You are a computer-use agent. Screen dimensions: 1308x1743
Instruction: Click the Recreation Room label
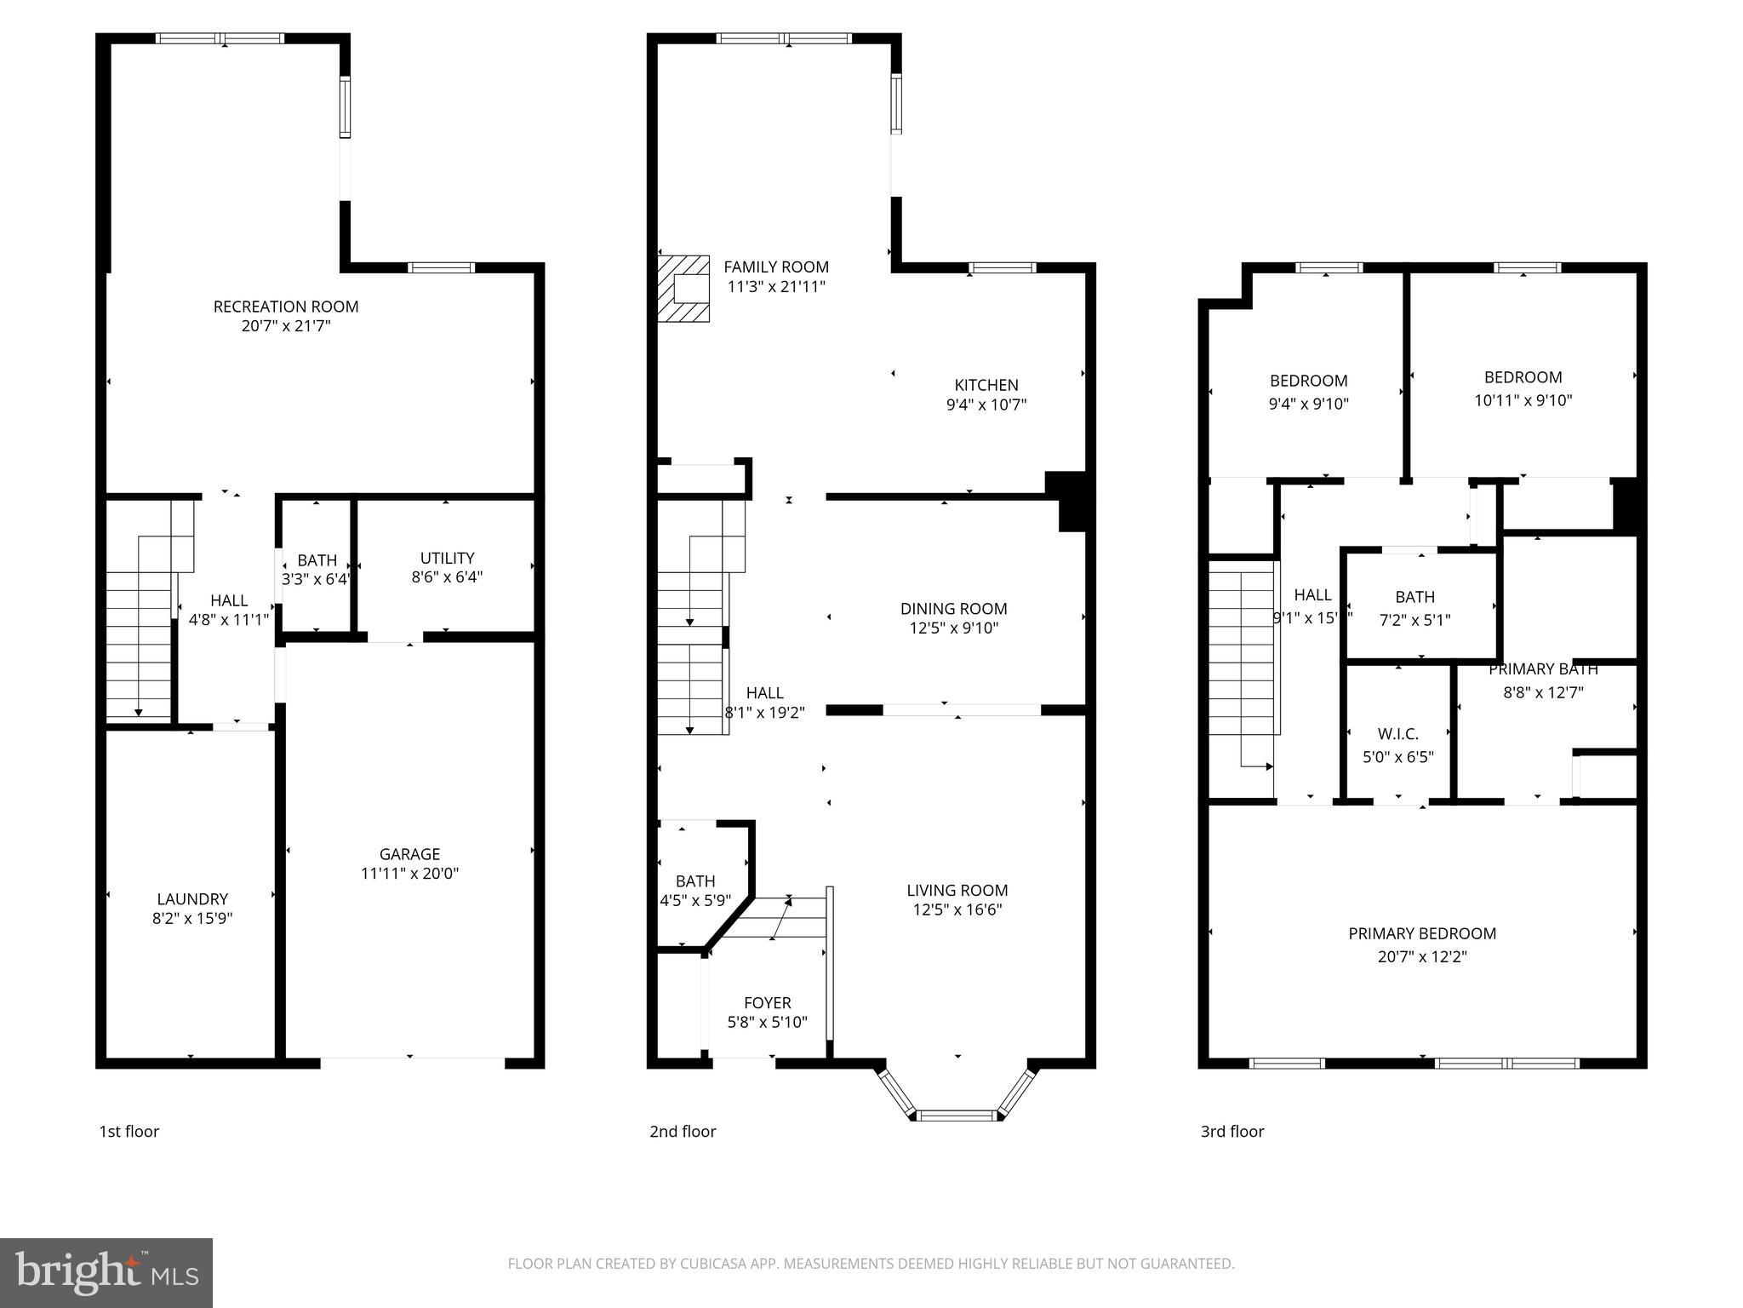(x=285, y=307)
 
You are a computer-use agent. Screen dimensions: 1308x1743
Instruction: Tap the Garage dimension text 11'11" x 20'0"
(x=409, y=873)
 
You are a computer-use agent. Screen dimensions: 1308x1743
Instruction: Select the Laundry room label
(x=192, y=898)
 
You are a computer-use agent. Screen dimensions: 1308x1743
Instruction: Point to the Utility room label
(x=447, y=558)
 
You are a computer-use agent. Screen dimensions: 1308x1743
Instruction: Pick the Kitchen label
(x=986, y=385)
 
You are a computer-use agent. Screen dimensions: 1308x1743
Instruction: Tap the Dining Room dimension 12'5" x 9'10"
(x=953, y=628)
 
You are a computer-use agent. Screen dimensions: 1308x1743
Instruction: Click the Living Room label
(x=957, y=890)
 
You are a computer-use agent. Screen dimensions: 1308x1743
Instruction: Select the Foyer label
(x=767, y=1003)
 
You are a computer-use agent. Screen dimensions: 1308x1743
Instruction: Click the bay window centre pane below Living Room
(x=957, y=1115)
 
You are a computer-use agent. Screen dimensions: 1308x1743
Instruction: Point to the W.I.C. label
(x=1397, y=734)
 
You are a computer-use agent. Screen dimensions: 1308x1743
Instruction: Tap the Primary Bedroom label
(x=1421, y=933)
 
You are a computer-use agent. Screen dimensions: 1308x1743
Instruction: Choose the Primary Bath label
(x=1542, y=669)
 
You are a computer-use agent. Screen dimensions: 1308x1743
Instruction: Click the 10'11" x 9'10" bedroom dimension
(x=1523, y=399)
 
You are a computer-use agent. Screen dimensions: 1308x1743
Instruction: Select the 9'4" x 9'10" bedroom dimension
(x=1308, y=404)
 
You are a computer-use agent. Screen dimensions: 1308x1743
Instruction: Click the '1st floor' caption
(x=129, y=1131)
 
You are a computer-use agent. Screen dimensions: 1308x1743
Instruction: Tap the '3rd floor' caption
(x=1232, y=1131)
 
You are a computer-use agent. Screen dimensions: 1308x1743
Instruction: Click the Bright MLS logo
(x=106, y=1272)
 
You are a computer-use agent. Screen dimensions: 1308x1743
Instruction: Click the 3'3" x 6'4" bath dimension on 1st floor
(x=316, y=579)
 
